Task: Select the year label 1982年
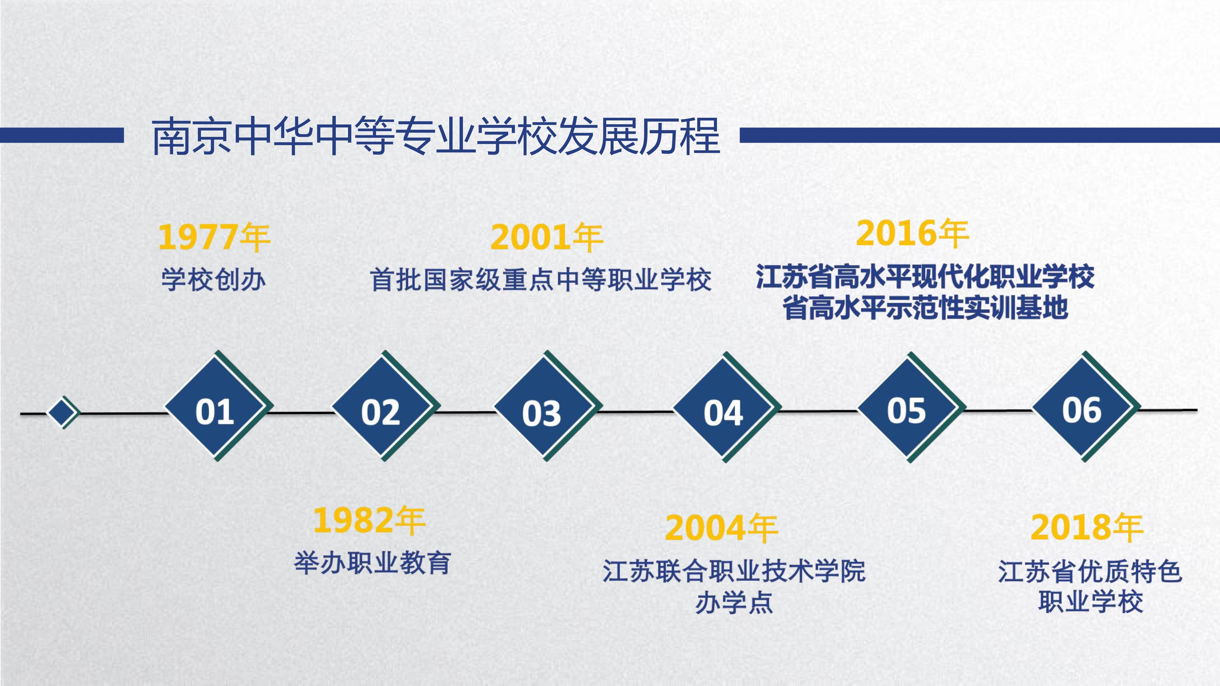(x=369, y=520)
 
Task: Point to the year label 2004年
(x=721, y=527)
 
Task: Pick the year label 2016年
(x=912, y=233)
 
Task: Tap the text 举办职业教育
(x=372, y=563)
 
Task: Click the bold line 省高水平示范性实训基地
(x=925, y=307)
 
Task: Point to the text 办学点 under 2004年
(x=734, y=603)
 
